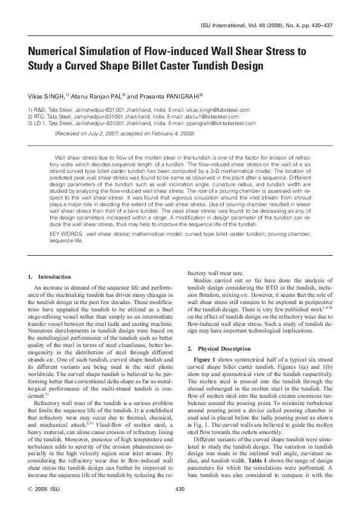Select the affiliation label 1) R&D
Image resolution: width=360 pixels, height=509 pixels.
click(x=38, y=110)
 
